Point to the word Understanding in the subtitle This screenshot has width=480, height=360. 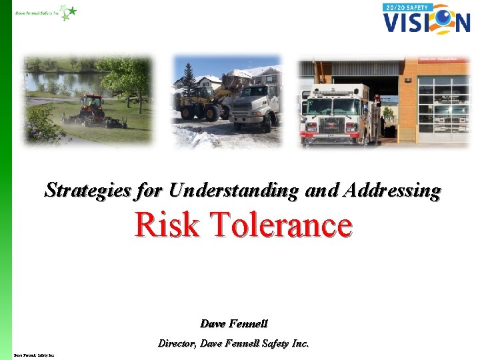point(233,190)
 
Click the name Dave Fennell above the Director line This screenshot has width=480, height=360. point(234,323)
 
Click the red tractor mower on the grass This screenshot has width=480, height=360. point(93,111)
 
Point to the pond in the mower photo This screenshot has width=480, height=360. point(60,83)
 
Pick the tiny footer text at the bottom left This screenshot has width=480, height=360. point(33,355)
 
